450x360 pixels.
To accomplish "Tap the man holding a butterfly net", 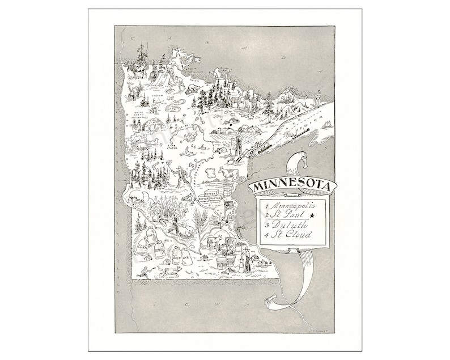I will tap(180, 176).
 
